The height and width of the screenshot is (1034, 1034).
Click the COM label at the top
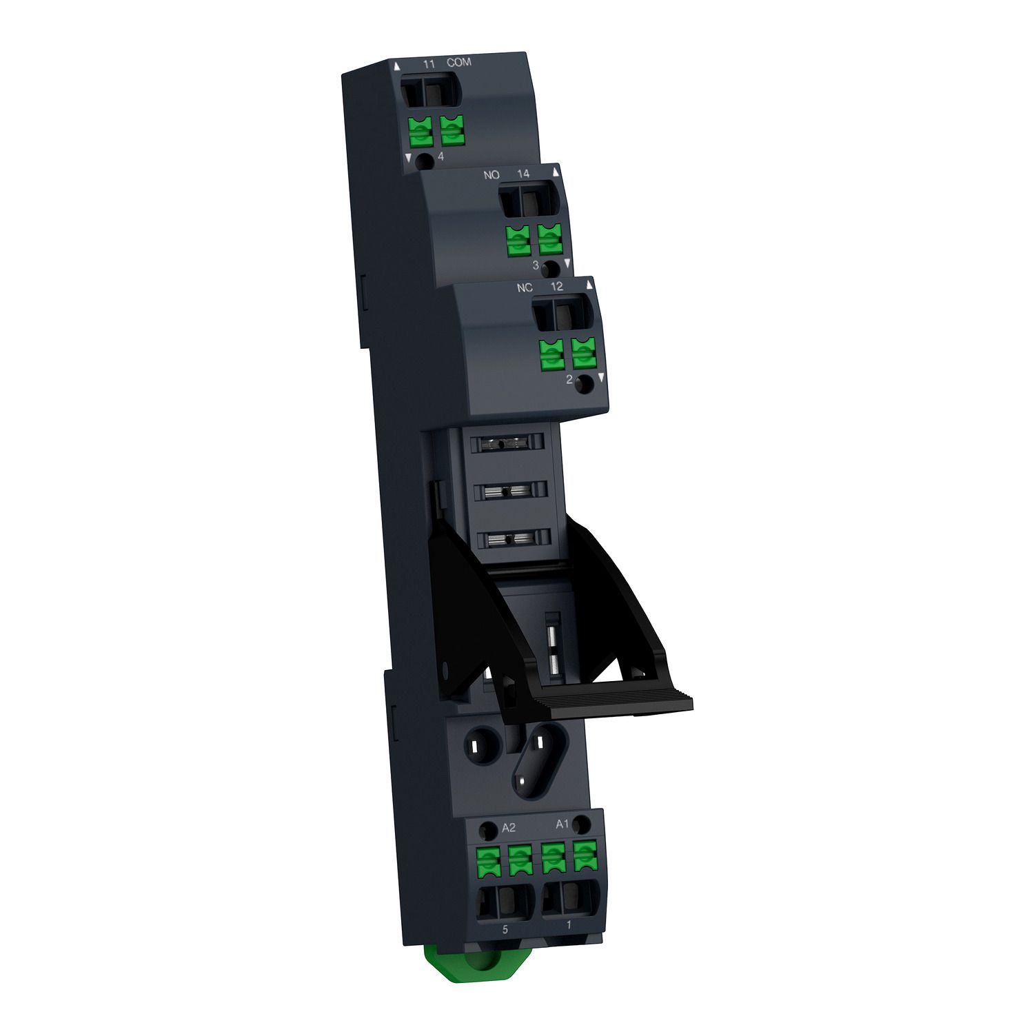pyautogui.click(x=458, y=63)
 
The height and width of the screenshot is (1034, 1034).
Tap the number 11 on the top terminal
pyautogui.click(x=429, y=64)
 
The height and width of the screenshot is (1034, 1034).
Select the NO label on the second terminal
pyautogui.click(x=491, y=175)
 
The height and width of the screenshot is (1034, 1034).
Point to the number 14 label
pyautogui.click(x=523, y=174)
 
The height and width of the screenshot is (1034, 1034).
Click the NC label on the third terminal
pyautogui.click(x=525, y=287)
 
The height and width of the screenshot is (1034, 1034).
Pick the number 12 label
pyautogui.click(x=557, y=287)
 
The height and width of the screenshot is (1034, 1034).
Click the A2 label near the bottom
pyautogui.click(x=509, y=828)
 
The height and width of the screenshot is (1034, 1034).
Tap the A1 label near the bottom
pyautogui.click(x=562, y=824)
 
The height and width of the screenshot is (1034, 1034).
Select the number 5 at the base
pyautogui.click(x=505, y=929)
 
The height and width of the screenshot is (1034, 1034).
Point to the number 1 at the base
pyautogui.click(x=568, y=925)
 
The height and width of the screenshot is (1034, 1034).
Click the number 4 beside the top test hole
pyautogui.click(x=440, y=157)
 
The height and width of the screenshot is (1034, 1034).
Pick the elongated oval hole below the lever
pyautogui.click(x=534, y=762)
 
